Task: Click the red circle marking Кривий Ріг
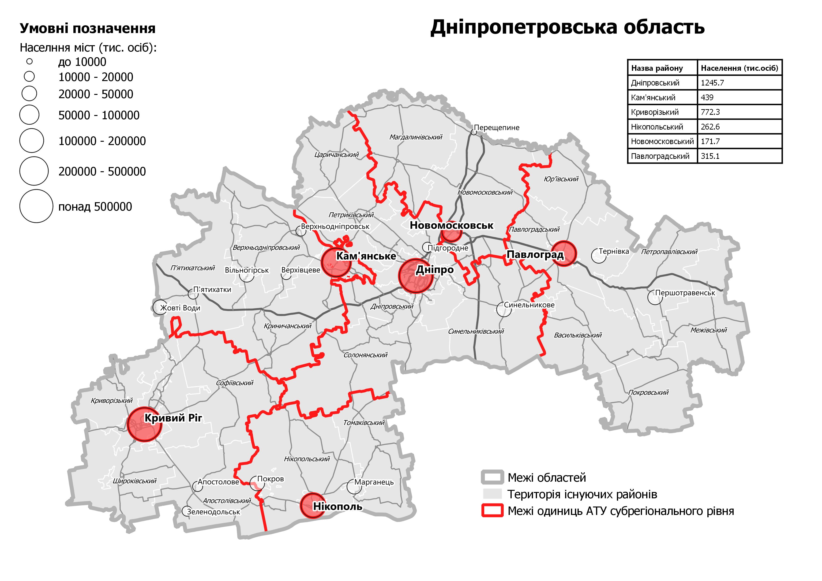pyautogui.click(x=145, y=424)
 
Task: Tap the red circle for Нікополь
pyautogui.click(x=312, y=506)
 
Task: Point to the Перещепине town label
pyautogui.click(x=497, y=128)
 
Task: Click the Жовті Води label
pyautogui.click(x=180, y=308)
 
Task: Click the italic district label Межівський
pyautogui.click(x=709, y=330)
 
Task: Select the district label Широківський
pyautogui.click(x=135, y=481)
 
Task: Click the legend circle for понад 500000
pyautogui.click(x=36, y=206)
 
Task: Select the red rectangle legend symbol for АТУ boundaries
pyautogui.click(x=493, y=511)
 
